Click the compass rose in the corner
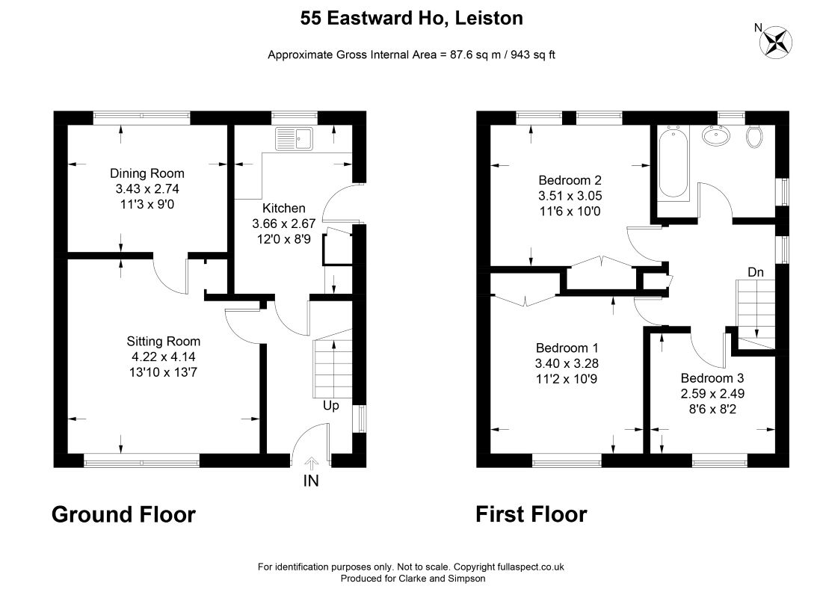click(777, 42)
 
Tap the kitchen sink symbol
click(294, 138)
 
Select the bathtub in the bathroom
click(673, 163)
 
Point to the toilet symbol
click(754, 136)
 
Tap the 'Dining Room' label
click(147, 173)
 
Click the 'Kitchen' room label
click(284, 208)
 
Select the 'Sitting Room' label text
click(163, 342)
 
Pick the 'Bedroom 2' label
click(570, 180)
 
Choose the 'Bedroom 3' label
click(712, 378)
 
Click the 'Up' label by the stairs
click(330, 406)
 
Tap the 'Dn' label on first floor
click(756, 272)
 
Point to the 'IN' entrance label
click(311, 481)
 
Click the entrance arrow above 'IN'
click(311, 463)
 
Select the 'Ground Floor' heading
click(123, 514)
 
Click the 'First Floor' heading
click(531, 514)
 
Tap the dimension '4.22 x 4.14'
click(163, 357)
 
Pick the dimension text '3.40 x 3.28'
click(567, 363)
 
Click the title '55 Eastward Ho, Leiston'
click(411, 18)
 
